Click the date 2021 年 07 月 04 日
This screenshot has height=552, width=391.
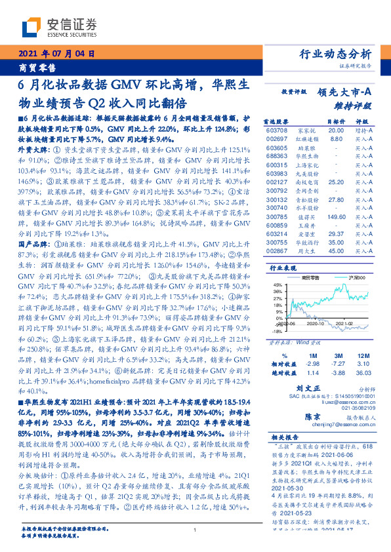pyautogui.click(x=59, y=54)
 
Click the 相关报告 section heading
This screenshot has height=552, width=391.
pyautogui.click(x=281, y=437)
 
